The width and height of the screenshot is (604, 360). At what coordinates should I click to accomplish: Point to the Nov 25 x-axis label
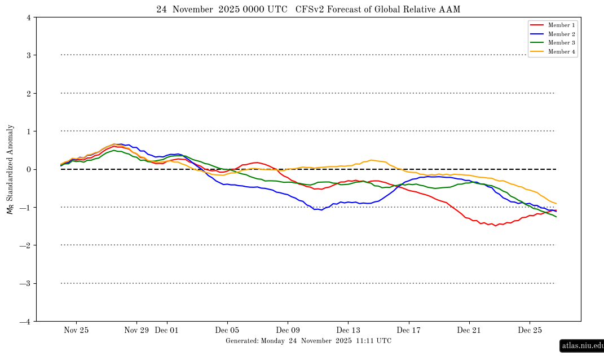pos(76,330)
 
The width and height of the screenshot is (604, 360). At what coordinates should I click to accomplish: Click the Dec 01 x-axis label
pos(166,330)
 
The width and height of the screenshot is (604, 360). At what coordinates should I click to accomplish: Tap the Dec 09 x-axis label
pos(288,330)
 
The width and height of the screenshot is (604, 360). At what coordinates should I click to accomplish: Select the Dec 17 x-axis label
pos(408,330)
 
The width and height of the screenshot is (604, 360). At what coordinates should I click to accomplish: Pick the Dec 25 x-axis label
pos(530,330)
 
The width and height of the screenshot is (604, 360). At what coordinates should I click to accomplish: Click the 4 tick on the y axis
pos(28,17)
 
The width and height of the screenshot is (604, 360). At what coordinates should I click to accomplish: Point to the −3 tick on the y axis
pos(26,283)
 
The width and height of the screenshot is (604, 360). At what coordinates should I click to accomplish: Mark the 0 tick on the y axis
pos(28,169)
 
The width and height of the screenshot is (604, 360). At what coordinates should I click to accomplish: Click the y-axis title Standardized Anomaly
pos(10,169)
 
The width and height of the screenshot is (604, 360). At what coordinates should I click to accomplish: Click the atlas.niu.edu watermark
pos(583,345)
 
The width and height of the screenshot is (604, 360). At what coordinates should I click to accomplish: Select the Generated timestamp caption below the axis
pos(308,341)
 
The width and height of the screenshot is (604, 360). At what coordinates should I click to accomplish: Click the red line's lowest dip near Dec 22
pos(496,226)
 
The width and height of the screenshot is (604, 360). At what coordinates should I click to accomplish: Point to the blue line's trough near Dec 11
pos(321,210)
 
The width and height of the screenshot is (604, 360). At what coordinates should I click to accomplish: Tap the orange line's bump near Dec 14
pos(372,160)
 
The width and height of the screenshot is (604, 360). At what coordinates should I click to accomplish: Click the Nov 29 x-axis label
pos(136,330)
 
